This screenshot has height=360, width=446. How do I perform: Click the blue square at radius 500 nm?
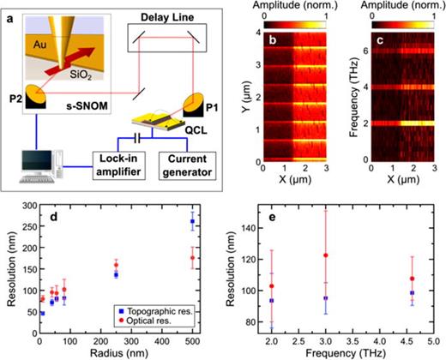tap(216, 221)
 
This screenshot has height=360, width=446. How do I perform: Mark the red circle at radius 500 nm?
tap(216, 257)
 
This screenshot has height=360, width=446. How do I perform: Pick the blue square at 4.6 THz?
tap(413, 292)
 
